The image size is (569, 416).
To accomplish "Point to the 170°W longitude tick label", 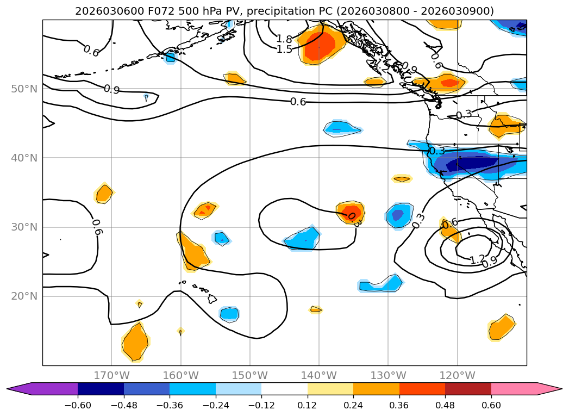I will tap(111, 375).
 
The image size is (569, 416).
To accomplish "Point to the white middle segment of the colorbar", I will tap(284, 388).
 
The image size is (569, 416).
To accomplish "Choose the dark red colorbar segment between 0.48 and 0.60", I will tap(468, 388).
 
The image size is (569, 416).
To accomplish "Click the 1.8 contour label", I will tap(284, 39).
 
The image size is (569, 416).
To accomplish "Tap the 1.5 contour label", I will tap(284, 49).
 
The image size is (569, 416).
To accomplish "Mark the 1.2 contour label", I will tap(477, 260).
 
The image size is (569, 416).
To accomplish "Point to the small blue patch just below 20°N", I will tap(229, 314).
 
